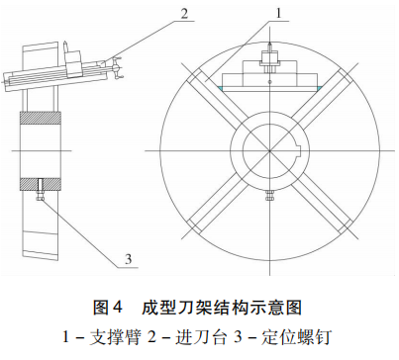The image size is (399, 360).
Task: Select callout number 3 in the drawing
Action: (128, 260)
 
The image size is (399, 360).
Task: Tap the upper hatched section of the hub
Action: (40, 117)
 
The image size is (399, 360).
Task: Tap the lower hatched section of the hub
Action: (40, 182)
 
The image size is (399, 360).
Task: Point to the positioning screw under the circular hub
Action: (268, 198)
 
